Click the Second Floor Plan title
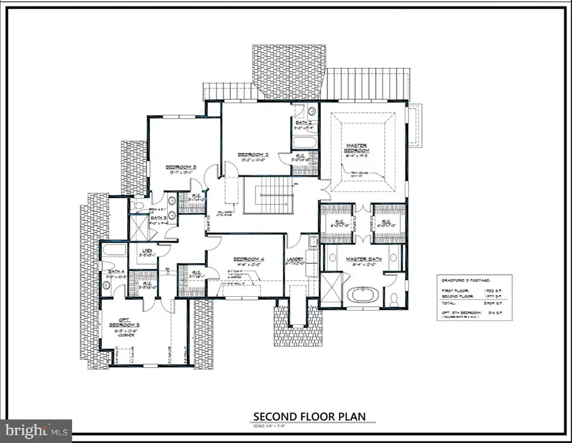[x=310, y=417]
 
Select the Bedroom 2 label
[x=254, y=154]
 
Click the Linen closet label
[x=146, y=251]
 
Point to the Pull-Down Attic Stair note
[x=227, y=215]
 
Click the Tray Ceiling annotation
[x=360, y=174]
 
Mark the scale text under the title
[x=310, y=426]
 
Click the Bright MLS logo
[x=37, y=430]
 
